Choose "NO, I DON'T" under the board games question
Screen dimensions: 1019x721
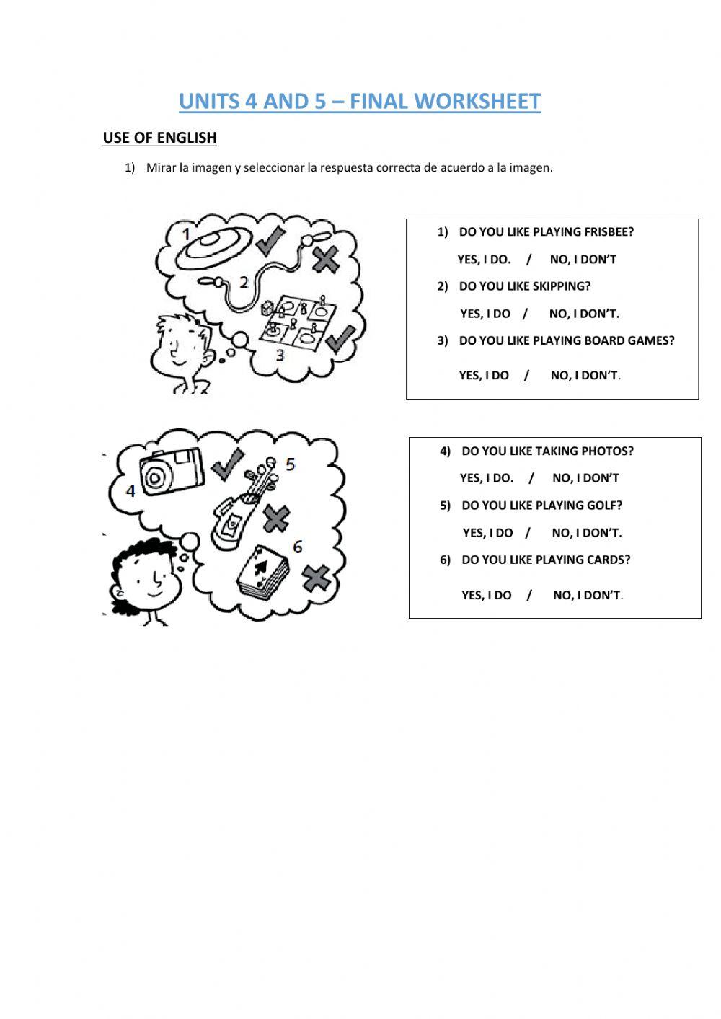tap(585, 375)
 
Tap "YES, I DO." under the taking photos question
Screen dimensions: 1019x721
tap(487, 478)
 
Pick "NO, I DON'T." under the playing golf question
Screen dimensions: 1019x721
tap(586, 533)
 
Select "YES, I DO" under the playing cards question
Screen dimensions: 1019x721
tap(487, 595)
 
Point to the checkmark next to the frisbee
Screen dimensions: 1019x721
tap(270, 241)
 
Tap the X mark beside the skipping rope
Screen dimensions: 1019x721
tap(326, 260)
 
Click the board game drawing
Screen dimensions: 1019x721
tap(298, 319)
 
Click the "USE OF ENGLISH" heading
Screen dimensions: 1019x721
tap(160, 138)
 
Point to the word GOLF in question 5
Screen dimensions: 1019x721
tap(606, 506)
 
